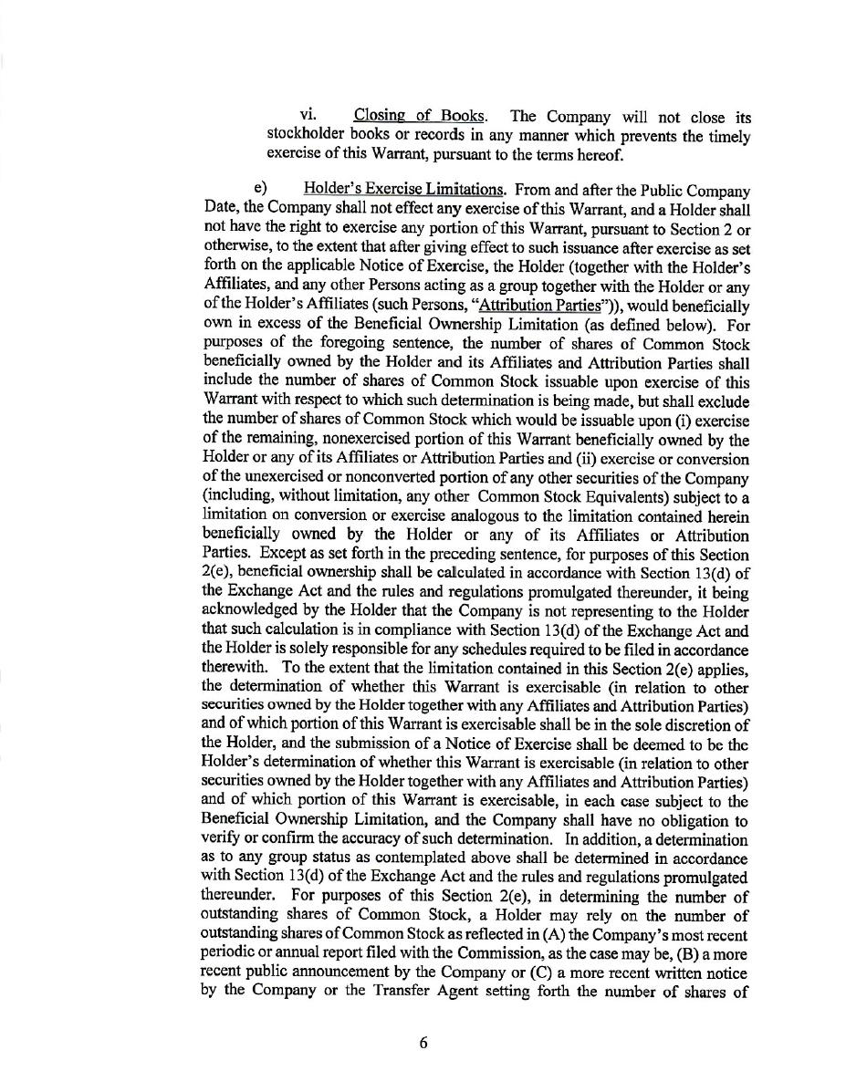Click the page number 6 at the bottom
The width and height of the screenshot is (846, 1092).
coord(423,1044)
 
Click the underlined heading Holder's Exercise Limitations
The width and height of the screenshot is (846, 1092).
coord(404,190)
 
